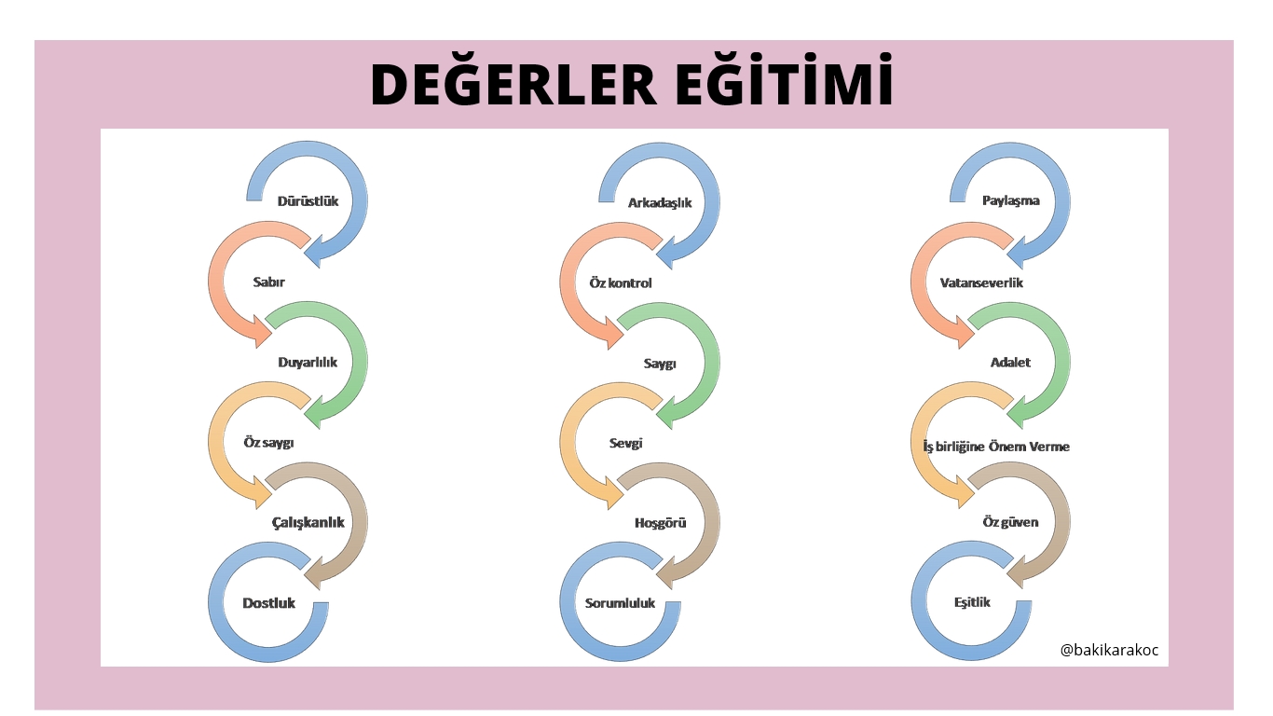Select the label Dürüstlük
(x=308, y=200)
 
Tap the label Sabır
(x=268, y=282)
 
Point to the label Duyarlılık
(x=308, y=362)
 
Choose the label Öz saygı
(x=268, y=443)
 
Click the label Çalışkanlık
(x=308, y=522)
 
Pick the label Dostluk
(x=268, y=602)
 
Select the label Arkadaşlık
(x=660, y=201)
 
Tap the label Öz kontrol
(x=620, y=282)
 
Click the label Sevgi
(x=625, y=443)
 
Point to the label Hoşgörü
(x=660, y=522)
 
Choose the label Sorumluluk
(x=620, y=602)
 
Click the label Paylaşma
(x=1010, y=200)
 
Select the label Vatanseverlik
(x=981, y=282)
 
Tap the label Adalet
(x=1010, y=362)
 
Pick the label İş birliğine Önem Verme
(x=990, y=446)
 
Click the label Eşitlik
(x=972, y=602)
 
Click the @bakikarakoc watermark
(x=1109, y=650)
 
